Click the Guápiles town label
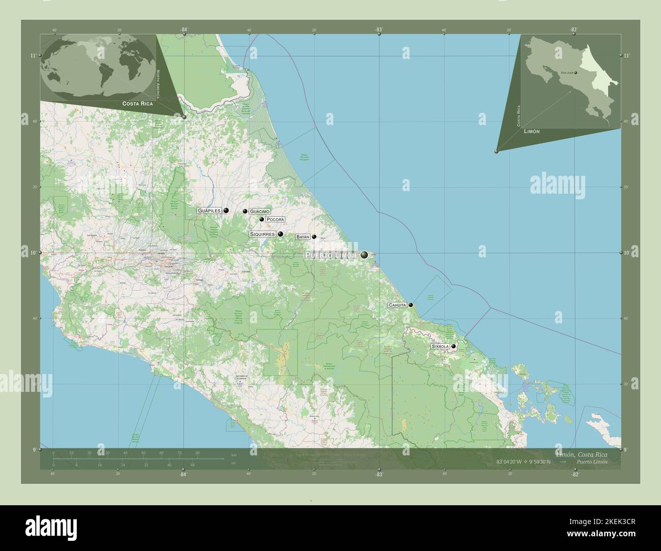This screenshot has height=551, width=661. [209, 210]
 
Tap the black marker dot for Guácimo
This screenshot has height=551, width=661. [245, 211]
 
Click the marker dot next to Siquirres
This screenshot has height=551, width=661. [280, 234]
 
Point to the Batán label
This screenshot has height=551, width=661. [303, 237]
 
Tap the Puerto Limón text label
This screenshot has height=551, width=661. [331, 254]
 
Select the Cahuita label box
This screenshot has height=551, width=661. [397, 305]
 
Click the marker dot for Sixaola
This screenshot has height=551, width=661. [454, 346]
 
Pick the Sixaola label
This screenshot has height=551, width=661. [440, 346]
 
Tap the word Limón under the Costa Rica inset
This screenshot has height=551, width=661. [531, 131]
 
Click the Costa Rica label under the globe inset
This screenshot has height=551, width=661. [137, 103]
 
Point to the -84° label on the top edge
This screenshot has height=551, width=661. [184, 30]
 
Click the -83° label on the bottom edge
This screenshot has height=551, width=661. [378, 474]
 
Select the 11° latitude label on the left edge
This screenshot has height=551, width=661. [33, 55]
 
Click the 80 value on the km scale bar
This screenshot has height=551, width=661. [197, 452]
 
